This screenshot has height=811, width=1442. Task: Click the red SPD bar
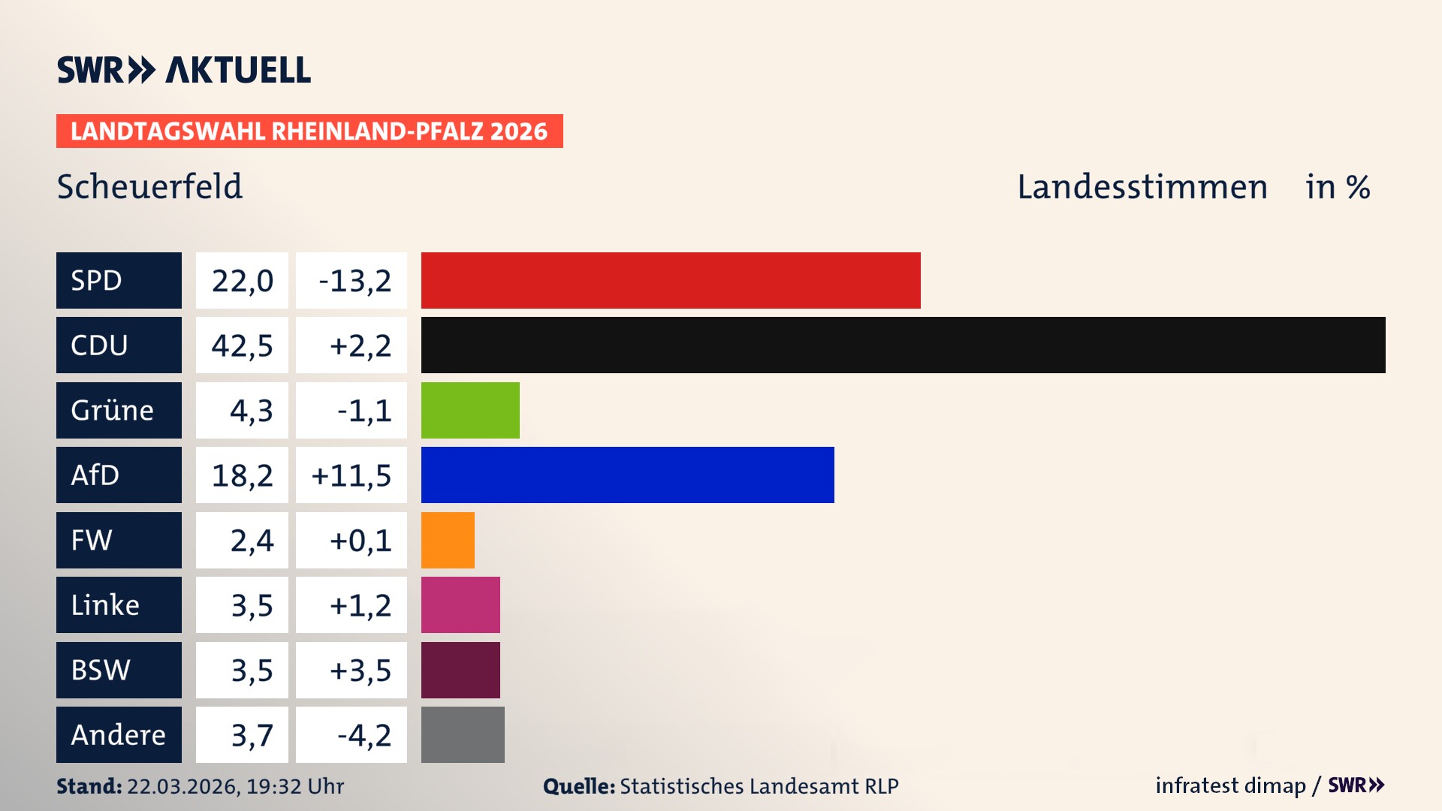[671, 280]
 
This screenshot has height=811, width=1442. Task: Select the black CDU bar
[903, 345]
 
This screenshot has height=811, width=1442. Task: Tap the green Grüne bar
[470, 410]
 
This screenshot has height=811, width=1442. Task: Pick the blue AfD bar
[627, 475]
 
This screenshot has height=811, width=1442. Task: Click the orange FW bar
[448, 540]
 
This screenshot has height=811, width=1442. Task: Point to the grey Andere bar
[463, 734]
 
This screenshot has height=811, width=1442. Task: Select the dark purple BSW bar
[460, 670]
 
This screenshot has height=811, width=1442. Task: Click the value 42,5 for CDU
[242, 345]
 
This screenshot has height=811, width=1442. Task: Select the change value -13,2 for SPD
[354, 281]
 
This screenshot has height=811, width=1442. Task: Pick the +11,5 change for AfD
[351, 475]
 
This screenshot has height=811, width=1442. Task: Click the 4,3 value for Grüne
[251, 411]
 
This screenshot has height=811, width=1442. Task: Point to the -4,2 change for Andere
[364, 735]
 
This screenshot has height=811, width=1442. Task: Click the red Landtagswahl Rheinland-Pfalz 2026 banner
[309, 131]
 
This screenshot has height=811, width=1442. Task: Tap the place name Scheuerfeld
[149, 187]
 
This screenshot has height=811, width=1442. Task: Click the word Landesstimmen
[1142, 187]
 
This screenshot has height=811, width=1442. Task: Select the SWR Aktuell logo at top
[184, 70]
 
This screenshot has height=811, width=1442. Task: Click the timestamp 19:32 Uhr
[294, 786]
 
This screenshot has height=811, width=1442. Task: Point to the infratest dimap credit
[1230, 785]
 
